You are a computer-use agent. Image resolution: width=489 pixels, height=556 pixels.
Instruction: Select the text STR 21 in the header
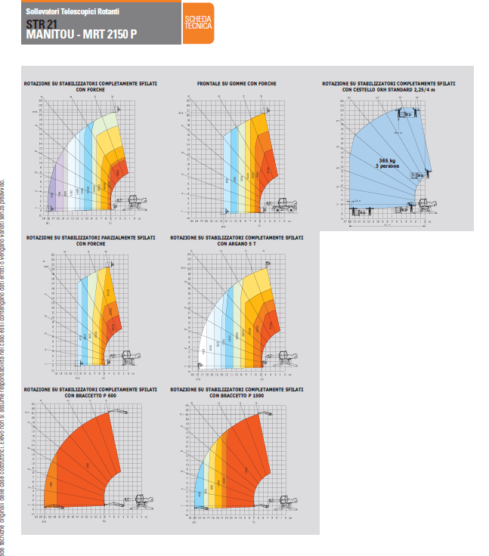41,23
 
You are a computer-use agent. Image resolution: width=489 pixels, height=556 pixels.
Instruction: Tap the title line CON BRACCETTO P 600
90,395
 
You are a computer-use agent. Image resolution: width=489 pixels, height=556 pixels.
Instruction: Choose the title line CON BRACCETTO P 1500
237,395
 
